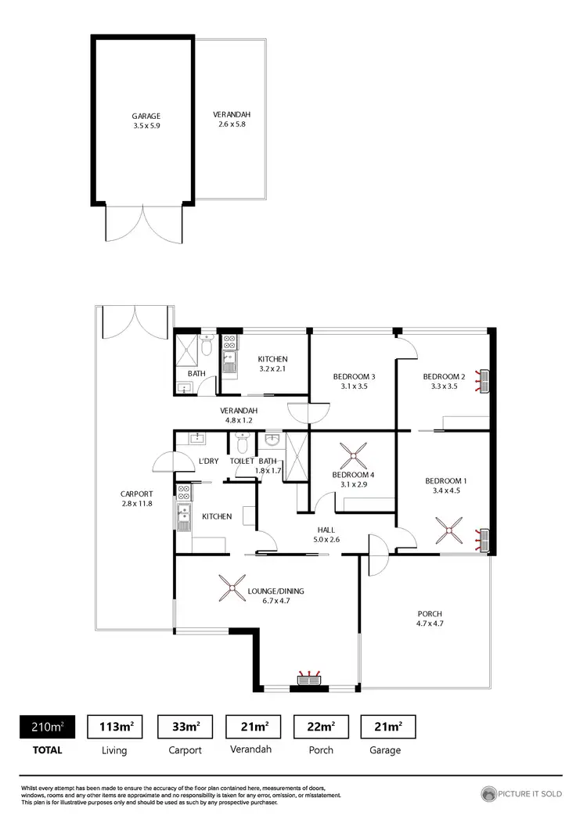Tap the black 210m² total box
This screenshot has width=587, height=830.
tap(48, 728)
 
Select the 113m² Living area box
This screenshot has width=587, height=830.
tap(115, 728)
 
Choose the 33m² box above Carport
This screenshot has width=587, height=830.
tap(185, 728)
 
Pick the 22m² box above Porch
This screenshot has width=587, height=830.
tap(321, 728)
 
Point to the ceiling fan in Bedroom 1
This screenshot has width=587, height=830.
tap(451, 533)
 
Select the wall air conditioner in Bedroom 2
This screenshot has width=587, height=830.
tap(485, 381)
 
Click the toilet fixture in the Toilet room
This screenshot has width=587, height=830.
tap(243, 444)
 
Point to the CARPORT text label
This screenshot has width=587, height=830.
tap(136, 494)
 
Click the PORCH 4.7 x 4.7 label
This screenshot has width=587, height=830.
tap(430, 618)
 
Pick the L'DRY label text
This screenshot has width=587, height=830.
tap(208, 462)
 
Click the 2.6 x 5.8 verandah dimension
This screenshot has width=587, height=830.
tap(232, 125)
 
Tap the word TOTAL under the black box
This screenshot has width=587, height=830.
tap(48, 749)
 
